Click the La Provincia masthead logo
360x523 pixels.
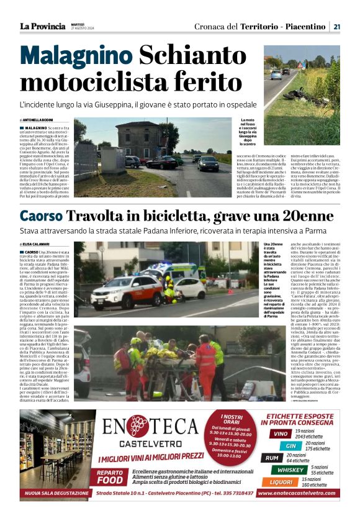(x=42, y=26)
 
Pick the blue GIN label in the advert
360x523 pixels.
(x=290, y=445)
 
